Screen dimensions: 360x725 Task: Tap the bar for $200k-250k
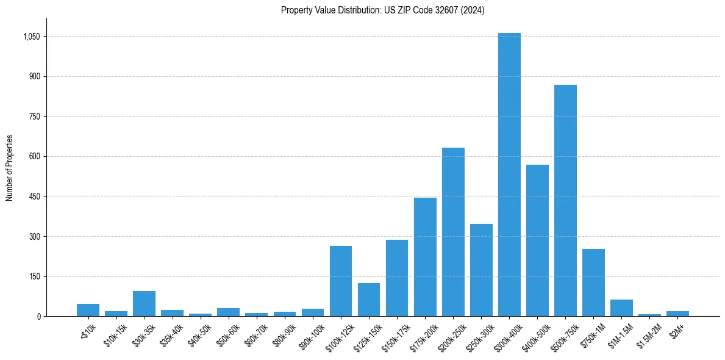453,232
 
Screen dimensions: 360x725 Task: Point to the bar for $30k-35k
144,304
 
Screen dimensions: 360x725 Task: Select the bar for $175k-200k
425,257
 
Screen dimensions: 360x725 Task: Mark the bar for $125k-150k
369,300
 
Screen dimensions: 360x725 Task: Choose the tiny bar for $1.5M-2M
649,315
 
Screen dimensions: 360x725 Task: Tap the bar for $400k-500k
537,240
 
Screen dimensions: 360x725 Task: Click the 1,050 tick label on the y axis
31,37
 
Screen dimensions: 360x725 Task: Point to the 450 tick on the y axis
35,196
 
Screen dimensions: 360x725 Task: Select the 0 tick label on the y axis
38,316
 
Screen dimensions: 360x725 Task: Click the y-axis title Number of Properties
10,168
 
